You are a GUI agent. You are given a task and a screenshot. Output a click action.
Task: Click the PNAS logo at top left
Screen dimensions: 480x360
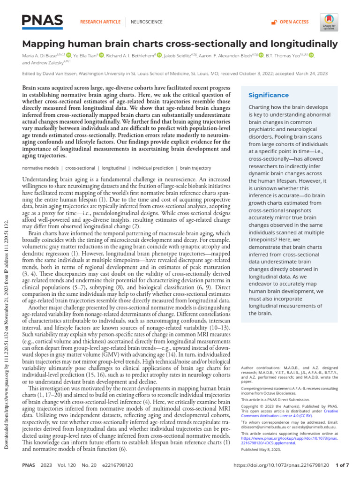coord(42,20)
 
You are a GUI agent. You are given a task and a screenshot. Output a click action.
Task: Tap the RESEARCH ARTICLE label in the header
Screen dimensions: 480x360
coord(100,22)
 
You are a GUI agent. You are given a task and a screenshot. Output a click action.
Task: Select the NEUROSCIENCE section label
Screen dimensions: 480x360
coord(146,22)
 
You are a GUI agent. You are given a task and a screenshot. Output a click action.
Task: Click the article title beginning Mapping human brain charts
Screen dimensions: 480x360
coord(180,44)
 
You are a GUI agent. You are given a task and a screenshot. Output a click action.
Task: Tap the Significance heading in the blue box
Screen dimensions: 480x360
coord(268,95)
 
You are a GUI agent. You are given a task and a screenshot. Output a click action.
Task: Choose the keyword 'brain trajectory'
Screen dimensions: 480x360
coord(195,168)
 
